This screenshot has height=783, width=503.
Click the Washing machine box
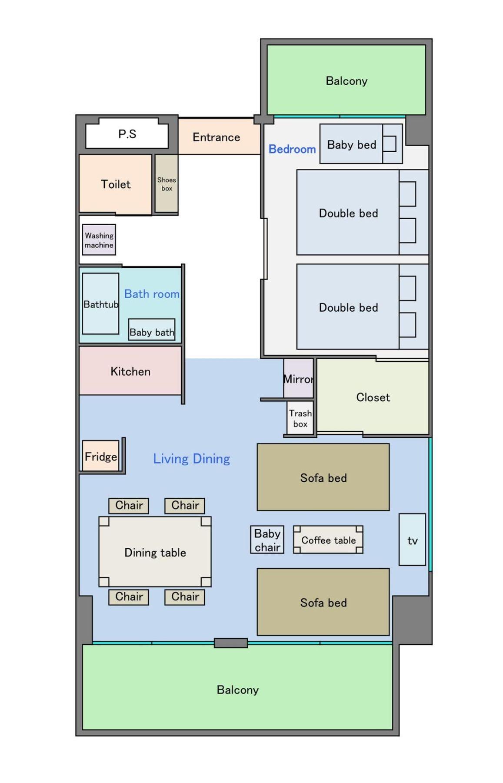pyautogui.click(x=99, y=240)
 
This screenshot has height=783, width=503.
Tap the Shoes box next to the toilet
pyautogui.click(x=167, y=183)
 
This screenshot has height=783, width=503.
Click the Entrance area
pyautogui.click(x=216, y=137)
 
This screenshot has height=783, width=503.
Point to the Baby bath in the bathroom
pyautogui.click(x=152, y=330)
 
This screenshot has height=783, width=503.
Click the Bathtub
pyautogui.click(x=100, y=303)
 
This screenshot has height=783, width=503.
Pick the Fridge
pyautogui.click(x=101, y=456)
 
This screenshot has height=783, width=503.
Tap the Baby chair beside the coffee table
pyautogui.click(x=267, y=540)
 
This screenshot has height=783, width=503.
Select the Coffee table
pyautogui.click(x=328, y=540)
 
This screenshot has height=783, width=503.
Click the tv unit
pyautogui.click(x=412, y=540)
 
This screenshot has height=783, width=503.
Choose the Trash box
pyautogui.click(x=300, y=418)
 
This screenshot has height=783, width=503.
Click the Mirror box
pyautogui.click(x=298, y=378)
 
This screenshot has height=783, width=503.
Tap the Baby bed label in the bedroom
pyautogui.click(x=351, y=145)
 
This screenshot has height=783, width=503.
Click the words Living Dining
pyautogui.click(x=191, y=458)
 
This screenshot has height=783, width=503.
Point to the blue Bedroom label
pyautogui.click(x=292, y=149)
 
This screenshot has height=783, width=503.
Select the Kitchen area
pyautogui.click(x=130, y=371)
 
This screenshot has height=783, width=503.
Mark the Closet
pyautogui.click(x=373, y=397)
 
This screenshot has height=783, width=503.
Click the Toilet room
pyautogui.click(x=116, y=184)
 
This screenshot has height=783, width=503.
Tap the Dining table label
pyautogui.click(x=155, y=552)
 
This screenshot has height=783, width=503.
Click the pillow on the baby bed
pyautogui.click(x=390, y=144)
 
